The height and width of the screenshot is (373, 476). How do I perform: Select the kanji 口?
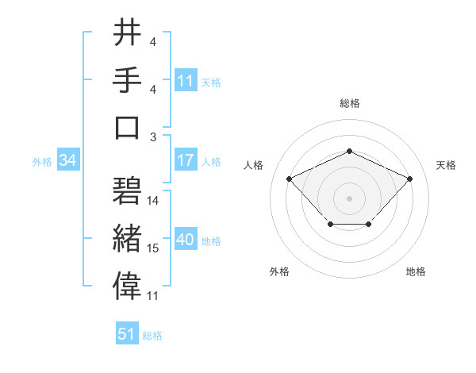tap(128, 127)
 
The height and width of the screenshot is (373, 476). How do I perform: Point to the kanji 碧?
tap(128, 191)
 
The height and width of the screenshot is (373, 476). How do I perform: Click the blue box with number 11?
tap(186, 80)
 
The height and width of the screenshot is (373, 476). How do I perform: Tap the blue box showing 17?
tap(186, 160)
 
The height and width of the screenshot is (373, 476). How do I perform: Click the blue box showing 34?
tap(67, 160)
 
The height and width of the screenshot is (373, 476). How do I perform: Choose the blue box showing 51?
tap(127, 334)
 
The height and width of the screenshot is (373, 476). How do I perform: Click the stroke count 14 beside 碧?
tap(153, 201)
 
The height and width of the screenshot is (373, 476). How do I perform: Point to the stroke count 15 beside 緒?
tap(153, 248)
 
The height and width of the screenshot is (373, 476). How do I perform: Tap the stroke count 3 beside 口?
tap(153, 137)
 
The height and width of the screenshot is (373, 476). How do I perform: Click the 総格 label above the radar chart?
tap(349, 103)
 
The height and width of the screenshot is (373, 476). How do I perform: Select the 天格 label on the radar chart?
tap(446, 165)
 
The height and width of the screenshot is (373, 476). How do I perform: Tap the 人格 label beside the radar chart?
tap(254, 165)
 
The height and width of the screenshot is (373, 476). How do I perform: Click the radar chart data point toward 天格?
tap(409, 179)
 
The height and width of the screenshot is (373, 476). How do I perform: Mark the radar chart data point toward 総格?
tap(349, 152)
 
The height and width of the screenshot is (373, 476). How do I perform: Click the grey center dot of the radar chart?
tap(349, 198)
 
